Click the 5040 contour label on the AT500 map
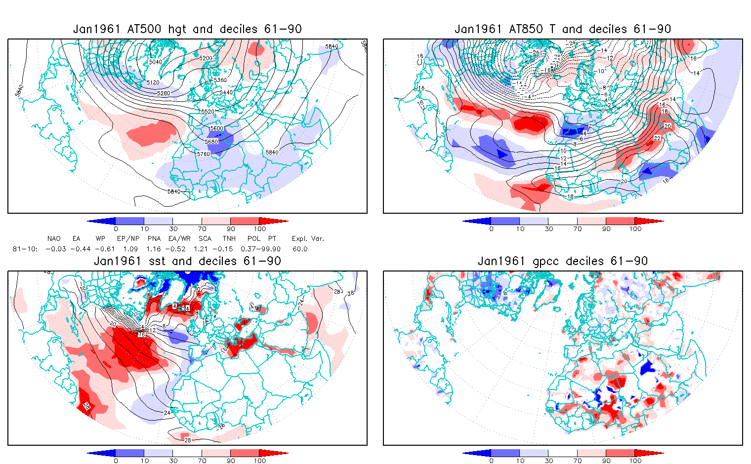155,62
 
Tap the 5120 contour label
153,82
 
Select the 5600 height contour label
216,128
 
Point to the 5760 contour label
203,154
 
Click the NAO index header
54,238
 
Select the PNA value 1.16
154,249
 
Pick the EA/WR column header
179,238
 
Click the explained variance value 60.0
299,249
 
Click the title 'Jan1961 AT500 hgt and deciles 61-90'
187,29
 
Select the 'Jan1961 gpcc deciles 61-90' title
562,261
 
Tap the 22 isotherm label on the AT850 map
657,138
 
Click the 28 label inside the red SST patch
86,406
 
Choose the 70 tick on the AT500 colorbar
202,229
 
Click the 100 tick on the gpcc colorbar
635,461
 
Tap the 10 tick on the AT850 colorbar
520,229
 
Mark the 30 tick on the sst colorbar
173,461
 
